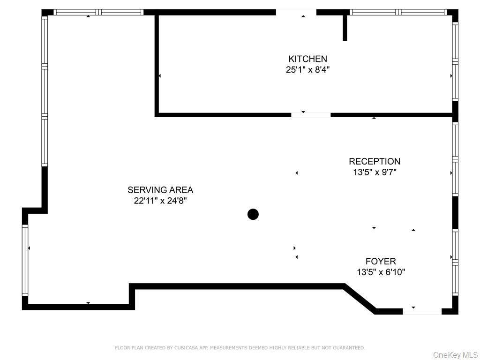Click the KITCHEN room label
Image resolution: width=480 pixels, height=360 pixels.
point(307,59)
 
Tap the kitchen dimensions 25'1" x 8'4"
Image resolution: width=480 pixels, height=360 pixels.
point(307,69)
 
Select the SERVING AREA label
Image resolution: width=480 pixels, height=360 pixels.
point(160,190)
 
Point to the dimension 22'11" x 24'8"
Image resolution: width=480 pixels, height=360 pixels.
point(160,201)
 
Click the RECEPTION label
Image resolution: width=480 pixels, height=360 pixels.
point(374,162)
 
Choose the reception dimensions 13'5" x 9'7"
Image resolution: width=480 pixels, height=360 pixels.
point(374,172)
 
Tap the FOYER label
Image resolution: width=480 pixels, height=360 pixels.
point(381,262)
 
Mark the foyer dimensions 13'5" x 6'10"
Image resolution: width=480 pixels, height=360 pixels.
point(381,272)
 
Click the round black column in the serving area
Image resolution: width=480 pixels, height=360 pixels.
point(253,214)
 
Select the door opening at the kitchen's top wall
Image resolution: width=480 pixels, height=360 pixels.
point(296,12)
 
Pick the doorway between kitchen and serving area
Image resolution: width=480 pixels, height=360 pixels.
point(311,114)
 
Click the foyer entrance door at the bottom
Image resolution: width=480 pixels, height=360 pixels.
point(421,311)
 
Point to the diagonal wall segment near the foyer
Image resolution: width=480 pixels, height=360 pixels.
point(360,299)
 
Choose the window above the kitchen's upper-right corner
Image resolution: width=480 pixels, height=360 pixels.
point(398,12)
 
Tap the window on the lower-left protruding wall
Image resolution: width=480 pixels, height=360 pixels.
point(25,260)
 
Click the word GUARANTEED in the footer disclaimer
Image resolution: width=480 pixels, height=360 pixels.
point(349,348)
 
